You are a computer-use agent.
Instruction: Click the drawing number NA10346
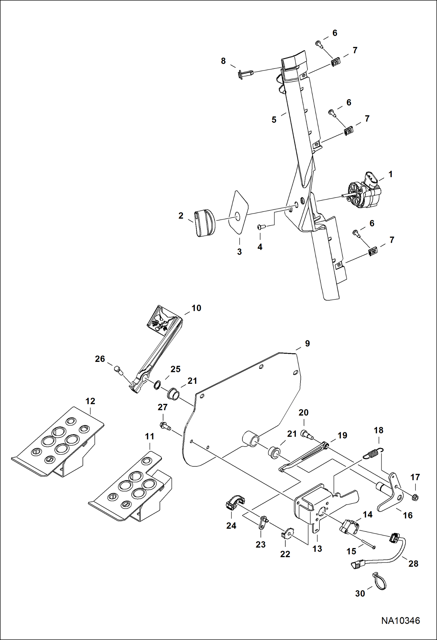click(x=400, y=620)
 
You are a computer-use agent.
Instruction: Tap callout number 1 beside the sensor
click(x=391, y=174)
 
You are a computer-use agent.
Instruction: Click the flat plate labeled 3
click(x=239, y=212)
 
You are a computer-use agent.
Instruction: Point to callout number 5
click(x=274, y=120)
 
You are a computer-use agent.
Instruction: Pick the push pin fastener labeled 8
click(x=245, y=75)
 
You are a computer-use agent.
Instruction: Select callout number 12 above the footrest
click(x=90, y=401)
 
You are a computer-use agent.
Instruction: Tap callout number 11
click(x=150, y=437)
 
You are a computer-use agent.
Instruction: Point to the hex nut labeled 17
click(x=416, y=497)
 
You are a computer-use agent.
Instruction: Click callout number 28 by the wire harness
click(x=413, y=564)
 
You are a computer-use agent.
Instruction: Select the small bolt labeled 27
click(x=165, y=426)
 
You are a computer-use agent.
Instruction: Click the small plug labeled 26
click(x=118, y=370)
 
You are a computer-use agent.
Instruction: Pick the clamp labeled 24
click(x=234, y=503)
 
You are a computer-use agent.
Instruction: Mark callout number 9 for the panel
click(x=307, y=343)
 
